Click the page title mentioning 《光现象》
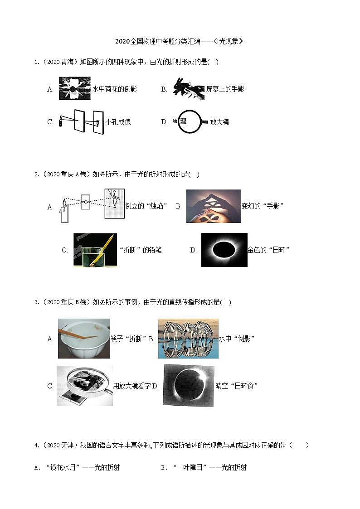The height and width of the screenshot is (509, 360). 180,41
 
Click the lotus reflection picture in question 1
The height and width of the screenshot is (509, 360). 75,88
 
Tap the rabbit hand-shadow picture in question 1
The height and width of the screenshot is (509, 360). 189,89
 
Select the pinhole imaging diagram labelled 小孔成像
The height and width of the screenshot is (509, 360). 82,122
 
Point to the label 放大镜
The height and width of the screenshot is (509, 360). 219,122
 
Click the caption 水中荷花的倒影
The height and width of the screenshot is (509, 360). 115,89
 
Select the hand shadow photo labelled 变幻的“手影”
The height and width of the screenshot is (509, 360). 214,206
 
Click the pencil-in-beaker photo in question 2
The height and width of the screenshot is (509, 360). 95,250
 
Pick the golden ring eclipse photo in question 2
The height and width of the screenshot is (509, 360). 224,250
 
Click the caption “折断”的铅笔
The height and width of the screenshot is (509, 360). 141,250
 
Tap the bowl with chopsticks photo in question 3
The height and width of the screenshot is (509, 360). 84,339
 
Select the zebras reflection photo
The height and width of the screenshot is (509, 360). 188,339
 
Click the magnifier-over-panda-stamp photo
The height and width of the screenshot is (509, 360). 85,386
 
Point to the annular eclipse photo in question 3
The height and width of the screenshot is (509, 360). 189,385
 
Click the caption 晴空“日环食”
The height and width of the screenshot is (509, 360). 236,386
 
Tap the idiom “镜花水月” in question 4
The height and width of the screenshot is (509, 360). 63,467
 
